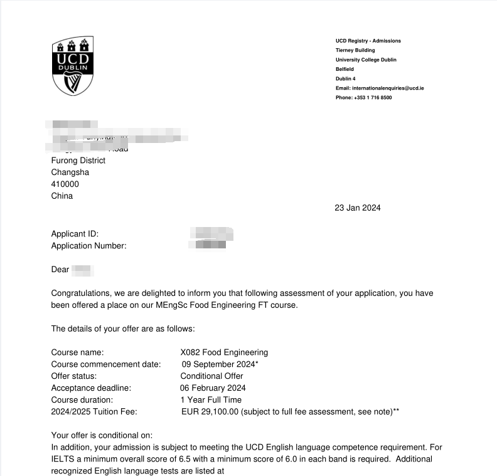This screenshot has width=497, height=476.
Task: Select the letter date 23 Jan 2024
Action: point(357,208)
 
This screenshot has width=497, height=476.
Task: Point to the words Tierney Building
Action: point(355,50)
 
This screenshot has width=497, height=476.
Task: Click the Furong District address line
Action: point(78,161)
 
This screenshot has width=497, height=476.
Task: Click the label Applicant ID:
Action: point(75,234)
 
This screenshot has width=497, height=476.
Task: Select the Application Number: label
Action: point(88,246)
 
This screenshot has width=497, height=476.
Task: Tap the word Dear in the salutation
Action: point(60,270)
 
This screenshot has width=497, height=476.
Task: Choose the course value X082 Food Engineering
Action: point(223,352)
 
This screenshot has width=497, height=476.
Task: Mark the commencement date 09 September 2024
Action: point(218,364)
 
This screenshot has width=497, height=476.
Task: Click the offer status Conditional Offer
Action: point(211,376)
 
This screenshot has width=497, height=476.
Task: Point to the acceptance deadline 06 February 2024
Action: point(213,388)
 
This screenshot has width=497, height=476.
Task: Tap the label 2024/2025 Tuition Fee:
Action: point(94,412)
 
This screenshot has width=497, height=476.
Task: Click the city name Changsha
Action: point(70,172)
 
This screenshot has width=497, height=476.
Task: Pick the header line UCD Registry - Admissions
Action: point(368,41)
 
